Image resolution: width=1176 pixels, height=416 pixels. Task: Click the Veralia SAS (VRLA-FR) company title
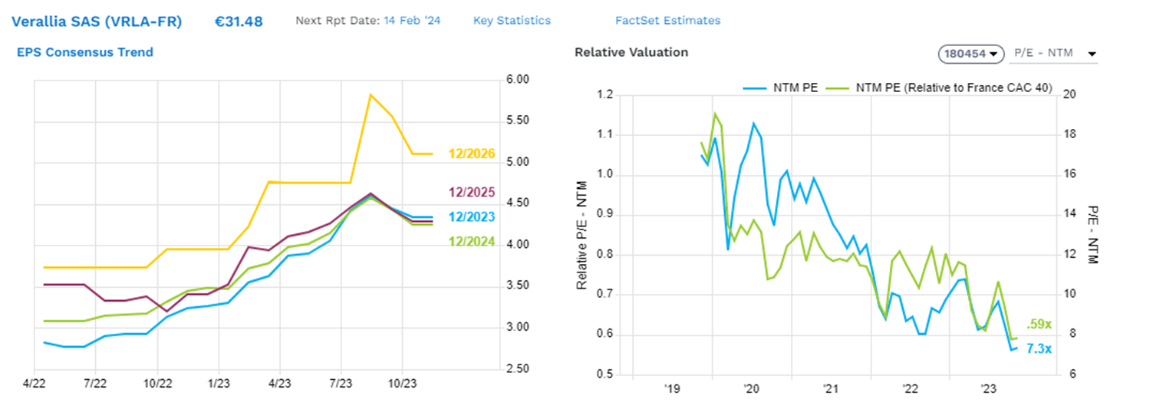[x=97, y=21]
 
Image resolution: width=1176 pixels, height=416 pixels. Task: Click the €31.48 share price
[x=239, y=21]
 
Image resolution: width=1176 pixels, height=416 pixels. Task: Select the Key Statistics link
[x=512, y=21]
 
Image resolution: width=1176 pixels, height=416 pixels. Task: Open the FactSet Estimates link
[x=667, y=21]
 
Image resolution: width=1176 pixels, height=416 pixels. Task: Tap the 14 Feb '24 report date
[x=413, y=21]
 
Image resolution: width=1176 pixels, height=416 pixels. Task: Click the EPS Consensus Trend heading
[x=85, y=52]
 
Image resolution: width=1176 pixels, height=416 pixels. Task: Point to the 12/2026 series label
[x=471, y=154]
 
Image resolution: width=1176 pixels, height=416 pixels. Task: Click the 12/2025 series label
[x=471, y=193]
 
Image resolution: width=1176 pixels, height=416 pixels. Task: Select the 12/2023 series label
[x=471, y=217]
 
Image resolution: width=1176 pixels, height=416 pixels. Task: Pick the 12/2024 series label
[x=471, y=243]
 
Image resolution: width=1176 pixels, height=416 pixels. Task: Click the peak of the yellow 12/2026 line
[x=371, y=94]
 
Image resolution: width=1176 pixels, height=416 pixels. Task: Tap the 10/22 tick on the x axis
[x=157, y=381]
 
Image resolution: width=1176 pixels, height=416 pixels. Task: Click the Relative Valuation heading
[x=631, y=52]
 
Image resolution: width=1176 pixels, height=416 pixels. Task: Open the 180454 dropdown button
[x=971, y=54]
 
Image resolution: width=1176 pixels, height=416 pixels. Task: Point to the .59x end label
[x=1038, y=325]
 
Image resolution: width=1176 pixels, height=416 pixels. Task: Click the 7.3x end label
[x=1039, y=349]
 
